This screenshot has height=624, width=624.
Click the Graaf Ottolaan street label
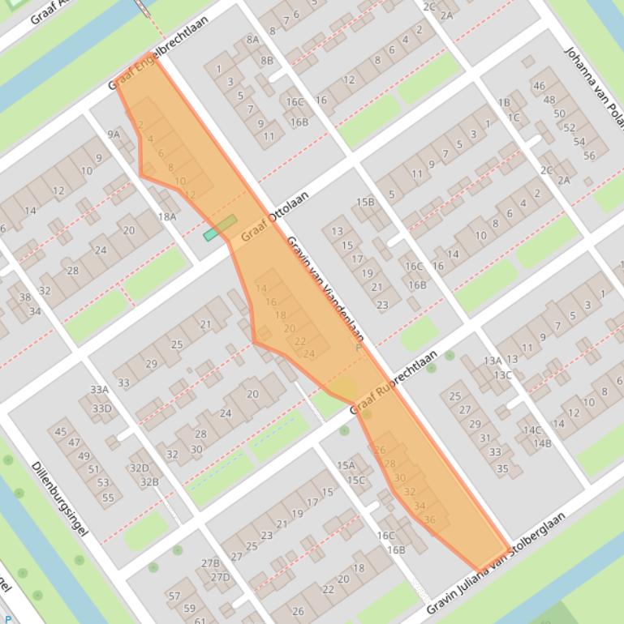point(275,216)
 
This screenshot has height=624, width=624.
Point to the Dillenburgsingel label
point(58,500)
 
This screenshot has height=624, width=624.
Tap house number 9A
point(114,135)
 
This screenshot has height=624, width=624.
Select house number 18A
point(167,216)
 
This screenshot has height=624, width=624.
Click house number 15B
point(365,202)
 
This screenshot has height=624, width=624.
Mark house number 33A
point(99,390)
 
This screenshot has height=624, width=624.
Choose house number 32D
point(140,468)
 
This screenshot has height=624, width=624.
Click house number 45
point(61,431)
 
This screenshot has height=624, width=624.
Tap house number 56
point(589,156)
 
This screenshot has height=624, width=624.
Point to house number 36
point(429,519)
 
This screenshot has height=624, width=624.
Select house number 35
point(502,468)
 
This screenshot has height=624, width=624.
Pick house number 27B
point(210,563)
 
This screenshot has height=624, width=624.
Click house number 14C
point(532,430)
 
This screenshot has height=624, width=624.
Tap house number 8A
point(253,39)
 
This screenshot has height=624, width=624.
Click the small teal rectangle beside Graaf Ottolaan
point(211,235)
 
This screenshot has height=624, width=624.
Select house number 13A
point(492,361)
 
